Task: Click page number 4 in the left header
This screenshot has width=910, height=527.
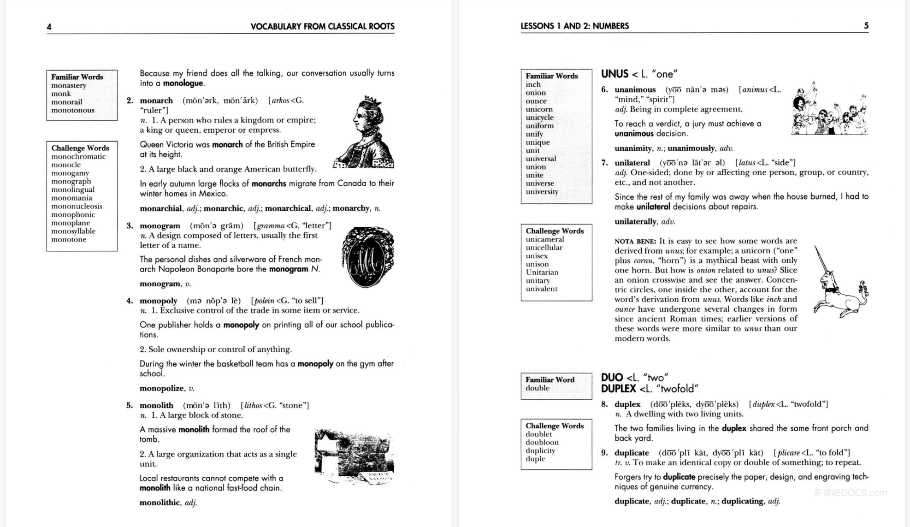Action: point(49,27)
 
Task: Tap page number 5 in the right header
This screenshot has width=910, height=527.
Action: point(866,26)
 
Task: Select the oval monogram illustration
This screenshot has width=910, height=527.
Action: point(368,257)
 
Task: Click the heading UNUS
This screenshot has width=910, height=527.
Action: point(615,74)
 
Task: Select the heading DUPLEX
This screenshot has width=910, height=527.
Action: point(618,389)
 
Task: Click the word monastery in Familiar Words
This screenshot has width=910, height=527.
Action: point(69,85)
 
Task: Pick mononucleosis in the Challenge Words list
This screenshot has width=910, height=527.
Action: point(77,206)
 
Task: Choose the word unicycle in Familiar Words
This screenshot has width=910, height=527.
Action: point(539,118)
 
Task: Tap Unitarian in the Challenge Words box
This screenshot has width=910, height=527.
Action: point(542,272)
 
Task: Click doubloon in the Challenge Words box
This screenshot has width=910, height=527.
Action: point(542,442)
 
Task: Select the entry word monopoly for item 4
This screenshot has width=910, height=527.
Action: point(158,301)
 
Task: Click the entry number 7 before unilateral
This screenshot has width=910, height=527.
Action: point(604,163)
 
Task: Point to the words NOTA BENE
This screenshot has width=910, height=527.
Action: point(635,241)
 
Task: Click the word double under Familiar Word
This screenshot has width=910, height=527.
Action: point(538,388)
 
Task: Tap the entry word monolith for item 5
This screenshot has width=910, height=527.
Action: point(156,405)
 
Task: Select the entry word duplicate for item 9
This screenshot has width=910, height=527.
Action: point(631,453)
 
